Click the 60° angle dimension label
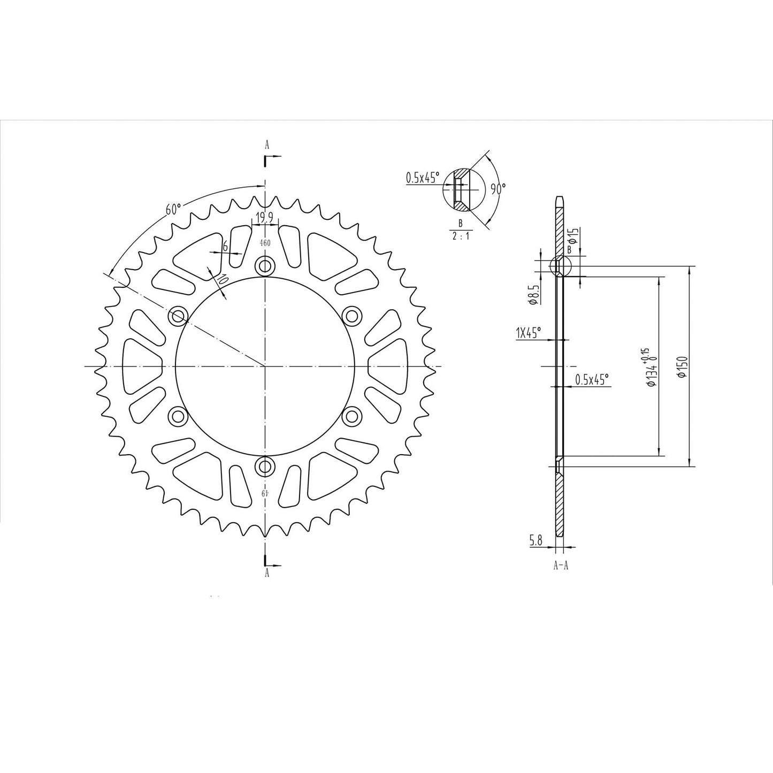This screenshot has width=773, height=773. tap(173, 209)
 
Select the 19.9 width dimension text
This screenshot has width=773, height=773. tap(265, 217)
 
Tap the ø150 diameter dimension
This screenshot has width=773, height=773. tap(682, 367)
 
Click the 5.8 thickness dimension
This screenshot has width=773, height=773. tap(536, 541)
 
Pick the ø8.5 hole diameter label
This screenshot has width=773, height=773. tap(532, 295)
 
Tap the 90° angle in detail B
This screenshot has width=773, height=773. tap(498, 188)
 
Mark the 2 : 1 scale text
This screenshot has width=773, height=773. tap(460, 236)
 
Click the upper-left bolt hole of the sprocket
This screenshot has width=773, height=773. tap(177, 316)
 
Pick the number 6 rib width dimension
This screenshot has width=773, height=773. tap(226, 247)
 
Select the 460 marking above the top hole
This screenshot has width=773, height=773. tap(265, 243)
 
